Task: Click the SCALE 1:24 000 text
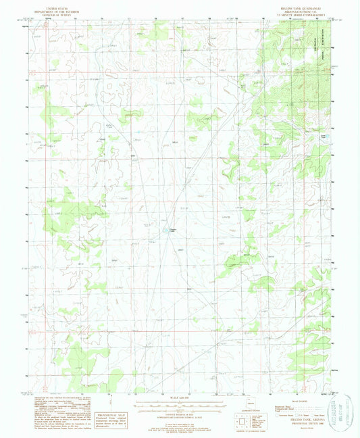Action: [x=180, y=396]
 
